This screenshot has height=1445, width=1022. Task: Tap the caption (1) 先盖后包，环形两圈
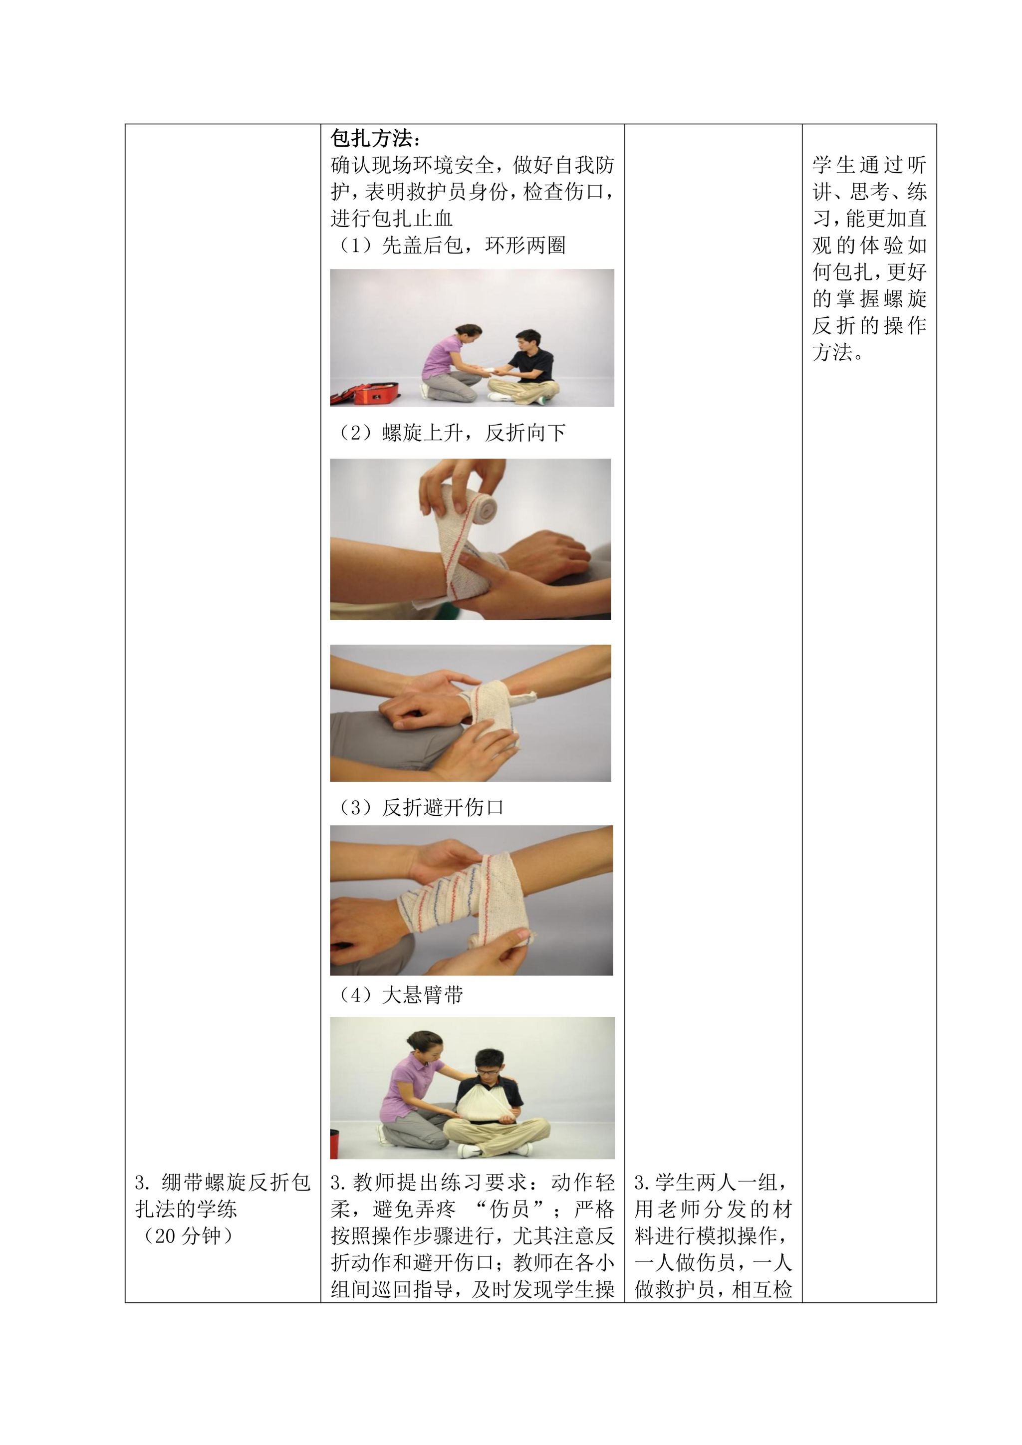pyautogui.click(x=448, y=245)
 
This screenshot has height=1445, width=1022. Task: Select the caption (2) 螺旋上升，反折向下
pyautogui.click(x=448, y=433)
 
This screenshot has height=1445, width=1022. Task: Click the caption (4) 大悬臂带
pyautogui.click(x=397, y=995)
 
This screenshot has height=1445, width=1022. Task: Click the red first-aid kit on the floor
pyautogui.click(x=361, y=395)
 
